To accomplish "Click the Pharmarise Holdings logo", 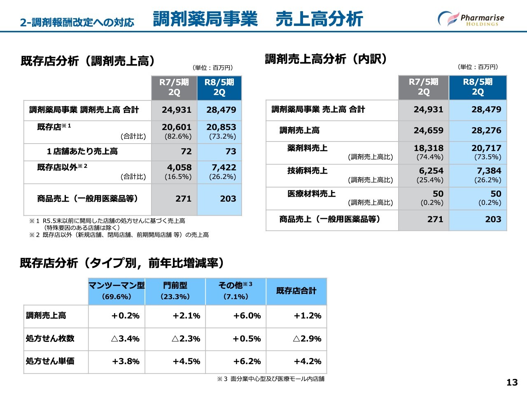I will (x=471, y=19).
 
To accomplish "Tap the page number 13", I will (x=512, y=382).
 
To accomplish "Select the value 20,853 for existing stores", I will (x=221, y=128).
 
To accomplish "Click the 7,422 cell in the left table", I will (x=224, y=167).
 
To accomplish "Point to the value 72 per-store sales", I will (x=186, y=151).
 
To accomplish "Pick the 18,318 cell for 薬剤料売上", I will (x=429, y=148).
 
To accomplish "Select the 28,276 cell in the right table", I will (x=486, y=130).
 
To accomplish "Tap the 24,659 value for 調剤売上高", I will (x=429, y=130).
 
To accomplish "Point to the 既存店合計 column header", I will (x=296, y=291).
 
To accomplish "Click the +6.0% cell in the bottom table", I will (x=247, y=316).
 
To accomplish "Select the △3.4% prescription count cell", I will (x=125, y=339).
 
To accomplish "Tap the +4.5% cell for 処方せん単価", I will (x=186, y=361).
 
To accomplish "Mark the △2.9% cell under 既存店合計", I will (x=307, y=339).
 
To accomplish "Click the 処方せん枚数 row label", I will (x=50, y=338).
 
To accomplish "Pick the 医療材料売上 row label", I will (x=311, y=193).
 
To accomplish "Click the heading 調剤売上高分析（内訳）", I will (x=326, y=59).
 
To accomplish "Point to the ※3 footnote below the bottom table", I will (x=270, y=379).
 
